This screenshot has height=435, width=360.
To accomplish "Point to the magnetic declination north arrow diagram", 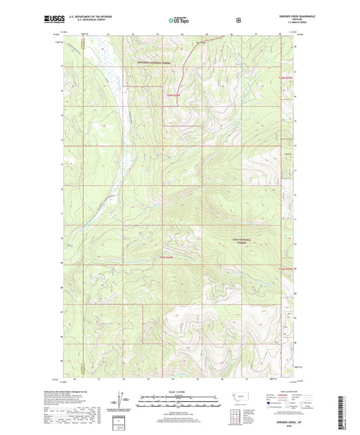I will click(126, 403).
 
